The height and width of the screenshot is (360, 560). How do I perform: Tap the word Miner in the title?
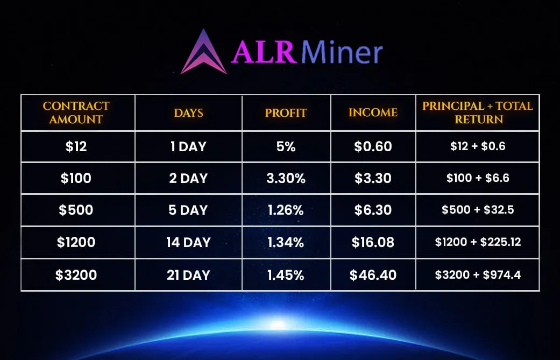click(x=342, y=53)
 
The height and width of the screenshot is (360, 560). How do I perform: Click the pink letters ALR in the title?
click(x=263, y=53)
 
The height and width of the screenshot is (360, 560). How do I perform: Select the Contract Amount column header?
click(x=76, y=113)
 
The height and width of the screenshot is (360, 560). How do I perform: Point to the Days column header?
click(x=188, y=113)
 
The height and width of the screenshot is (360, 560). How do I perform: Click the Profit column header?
click(x=286, y=113)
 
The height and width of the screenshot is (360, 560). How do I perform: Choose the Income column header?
click(x=373, y=113)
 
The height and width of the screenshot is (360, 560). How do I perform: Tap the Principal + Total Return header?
click(x=478, y=113)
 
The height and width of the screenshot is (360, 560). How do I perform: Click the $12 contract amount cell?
click(x=76, y=146)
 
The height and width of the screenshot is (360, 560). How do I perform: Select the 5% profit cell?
click(x=286, y=146)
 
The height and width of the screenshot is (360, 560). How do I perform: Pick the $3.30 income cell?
click(x=373, y=178)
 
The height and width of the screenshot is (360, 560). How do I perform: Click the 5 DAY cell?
click(x=188, y=210)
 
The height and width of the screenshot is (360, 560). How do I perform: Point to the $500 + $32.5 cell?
click(x=478, y=210)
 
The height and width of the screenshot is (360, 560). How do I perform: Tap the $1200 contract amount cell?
click(x=76, y=242)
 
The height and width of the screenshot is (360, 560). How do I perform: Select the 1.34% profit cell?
click(x=286, y=242)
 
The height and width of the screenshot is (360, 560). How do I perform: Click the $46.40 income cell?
click(x=373, y=275)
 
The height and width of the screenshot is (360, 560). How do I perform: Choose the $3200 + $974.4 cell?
click(x=478, y=275)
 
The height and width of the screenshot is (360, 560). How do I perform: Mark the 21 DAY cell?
click(x=188, y=275)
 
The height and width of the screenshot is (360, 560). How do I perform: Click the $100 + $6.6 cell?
click(x=478, y=178)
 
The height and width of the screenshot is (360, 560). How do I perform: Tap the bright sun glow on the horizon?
click(x=278, y=324)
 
